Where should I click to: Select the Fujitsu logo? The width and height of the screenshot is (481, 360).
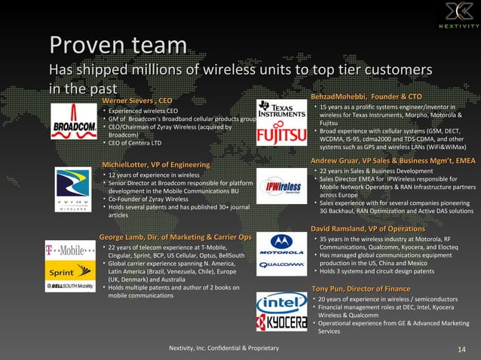281,136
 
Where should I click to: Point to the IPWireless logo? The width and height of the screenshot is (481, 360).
281,187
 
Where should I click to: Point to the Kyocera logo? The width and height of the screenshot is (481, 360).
281,322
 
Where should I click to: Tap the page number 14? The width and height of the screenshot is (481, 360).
461,348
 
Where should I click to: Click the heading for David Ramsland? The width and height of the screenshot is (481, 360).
368,228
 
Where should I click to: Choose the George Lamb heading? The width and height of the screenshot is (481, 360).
170,237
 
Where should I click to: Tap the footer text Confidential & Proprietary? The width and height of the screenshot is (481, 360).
225,348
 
